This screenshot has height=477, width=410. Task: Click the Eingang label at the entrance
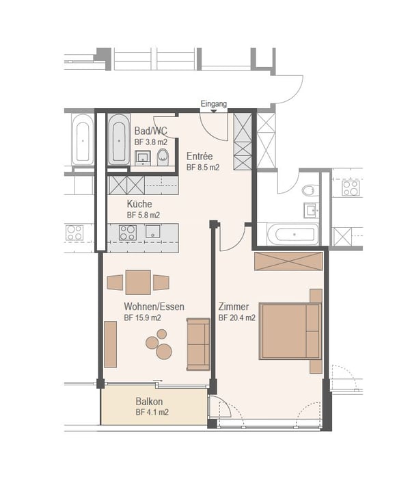click(213, 104)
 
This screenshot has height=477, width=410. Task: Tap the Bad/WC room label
click(150, 131)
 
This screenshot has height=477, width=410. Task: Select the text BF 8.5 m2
click(203, 167)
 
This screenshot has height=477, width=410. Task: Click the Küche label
click(139, 203)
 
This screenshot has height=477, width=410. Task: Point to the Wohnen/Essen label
click(154, 307)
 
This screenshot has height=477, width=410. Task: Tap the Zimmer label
click(234, 307)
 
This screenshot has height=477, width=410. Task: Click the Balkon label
click(149, 402)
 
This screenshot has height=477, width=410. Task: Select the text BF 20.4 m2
click(237, 318)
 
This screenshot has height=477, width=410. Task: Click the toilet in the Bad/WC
click(163, 157)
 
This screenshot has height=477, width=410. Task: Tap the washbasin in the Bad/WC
click(142, 158)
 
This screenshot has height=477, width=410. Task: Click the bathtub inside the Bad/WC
click(119, 140)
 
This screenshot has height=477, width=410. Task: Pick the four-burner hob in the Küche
click(128, 233)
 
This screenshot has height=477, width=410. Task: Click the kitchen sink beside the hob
click(153, 231)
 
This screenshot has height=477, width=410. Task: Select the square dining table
click(138, 283)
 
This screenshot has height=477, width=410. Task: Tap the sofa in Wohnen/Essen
click(198, 344)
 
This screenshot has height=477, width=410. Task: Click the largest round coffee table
click(164, 351)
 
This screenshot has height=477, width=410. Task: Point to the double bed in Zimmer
click(290, 331)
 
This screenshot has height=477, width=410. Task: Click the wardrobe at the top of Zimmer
click(288, 261)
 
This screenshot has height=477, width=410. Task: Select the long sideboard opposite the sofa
click(110, 344)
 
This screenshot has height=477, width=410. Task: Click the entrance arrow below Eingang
click(214, 111)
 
